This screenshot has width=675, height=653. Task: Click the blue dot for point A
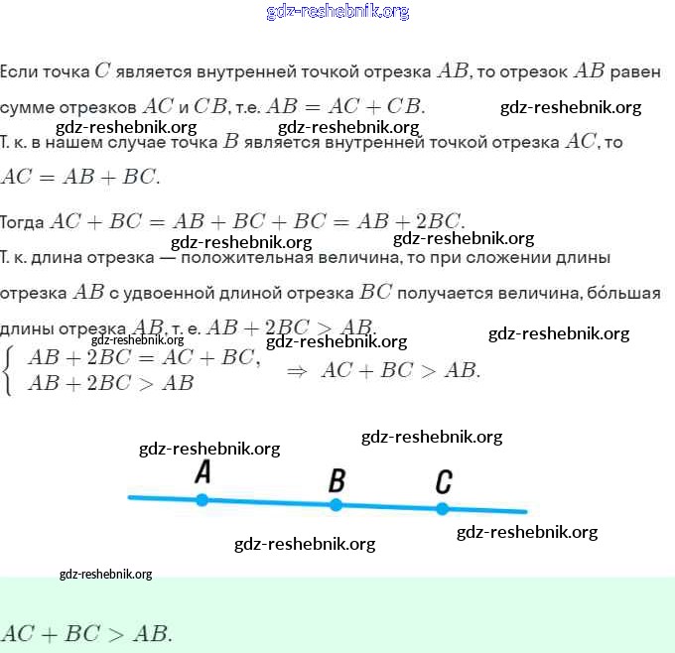point(202,500)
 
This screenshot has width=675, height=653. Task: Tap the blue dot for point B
point(336,505)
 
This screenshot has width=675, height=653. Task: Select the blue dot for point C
point(443,509)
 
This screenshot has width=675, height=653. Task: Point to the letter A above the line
point(202,472)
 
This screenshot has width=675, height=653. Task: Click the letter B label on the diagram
point(337,482)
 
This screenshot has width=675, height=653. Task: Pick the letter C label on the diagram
point(444,483)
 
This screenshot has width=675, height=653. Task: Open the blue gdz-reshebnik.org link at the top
point(337,12)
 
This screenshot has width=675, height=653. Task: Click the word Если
point(20,72)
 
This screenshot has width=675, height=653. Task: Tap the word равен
point(634,72)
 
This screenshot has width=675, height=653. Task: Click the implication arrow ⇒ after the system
point(296,371)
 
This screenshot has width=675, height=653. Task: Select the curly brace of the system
point(9,370)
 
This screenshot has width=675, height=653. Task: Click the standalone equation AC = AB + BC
point(80,178)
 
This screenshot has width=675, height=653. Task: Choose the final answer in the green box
point(87,633)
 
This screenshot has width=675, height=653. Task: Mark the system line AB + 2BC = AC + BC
point(144,358)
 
